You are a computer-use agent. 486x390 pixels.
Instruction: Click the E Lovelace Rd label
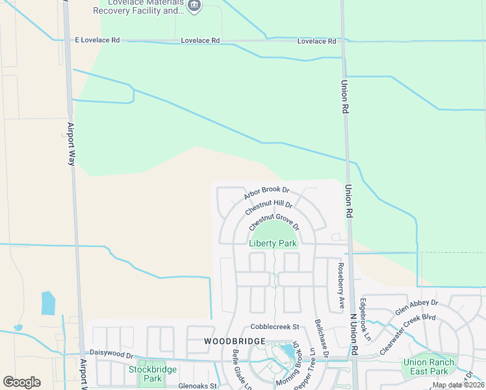(97, 40)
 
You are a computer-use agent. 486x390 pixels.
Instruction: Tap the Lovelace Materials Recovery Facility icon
(194, 6)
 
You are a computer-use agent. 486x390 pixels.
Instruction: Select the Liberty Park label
(273, 244)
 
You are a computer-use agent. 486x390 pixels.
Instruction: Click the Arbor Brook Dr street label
(266, 193)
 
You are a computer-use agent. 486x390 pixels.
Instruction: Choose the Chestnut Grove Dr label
(274, 220)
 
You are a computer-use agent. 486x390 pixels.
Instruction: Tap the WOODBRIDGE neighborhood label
(235, 341)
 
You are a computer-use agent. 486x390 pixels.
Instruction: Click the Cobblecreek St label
(274, 327)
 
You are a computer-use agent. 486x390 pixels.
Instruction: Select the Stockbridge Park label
(144, 374)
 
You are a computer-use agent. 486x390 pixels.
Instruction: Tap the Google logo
(21, 382)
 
